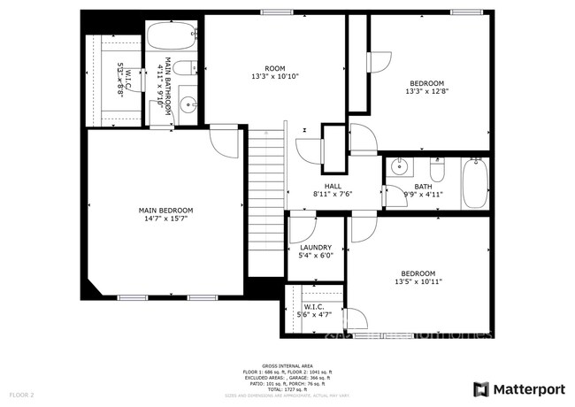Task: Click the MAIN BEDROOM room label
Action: point(165,210)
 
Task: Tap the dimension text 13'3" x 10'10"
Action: point(275,77)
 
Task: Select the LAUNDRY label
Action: point(316,248)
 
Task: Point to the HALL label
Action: point(333,186)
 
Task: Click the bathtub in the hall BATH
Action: point(474,183)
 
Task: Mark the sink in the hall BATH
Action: point(399,165)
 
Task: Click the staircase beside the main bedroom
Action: point(264,199)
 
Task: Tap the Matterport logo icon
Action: point(480,388)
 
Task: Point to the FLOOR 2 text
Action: point(21,394)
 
